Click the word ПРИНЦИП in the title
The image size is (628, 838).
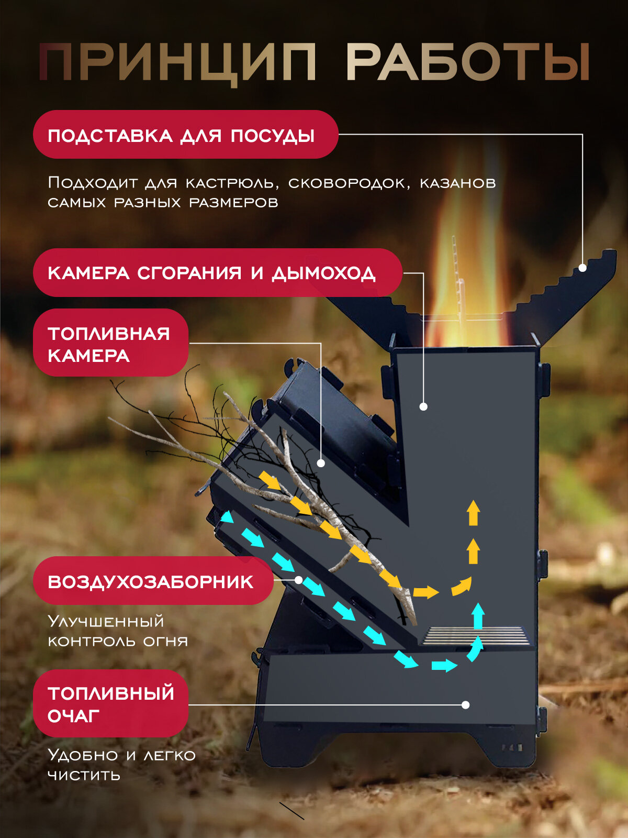tap(178, 63)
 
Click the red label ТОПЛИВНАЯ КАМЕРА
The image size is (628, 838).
tap(110, 343)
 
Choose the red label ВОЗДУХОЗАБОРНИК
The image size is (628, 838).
tap(152, 581)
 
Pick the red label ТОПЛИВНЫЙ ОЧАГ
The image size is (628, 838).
tap(110, 703)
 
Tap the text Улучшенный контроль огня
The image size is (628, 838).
tap(117, 631)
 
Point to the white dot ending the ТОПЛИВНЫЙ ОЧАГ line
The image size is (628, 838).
tap(465, 705)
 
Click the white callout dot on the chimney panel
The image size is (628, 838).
tap(423, 406)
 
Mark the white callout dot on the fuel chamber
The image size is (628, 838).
tap(321, 463)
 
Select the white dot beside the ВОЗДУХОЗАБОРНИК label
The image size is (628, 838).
tap(298, 580)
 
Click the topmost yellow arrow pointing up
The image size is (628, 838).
tap(474, 512)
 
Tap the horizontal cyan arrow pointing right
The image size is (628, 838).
tap(444, 666)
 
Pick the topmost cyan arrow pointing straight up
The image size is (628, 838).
tap(478, 615)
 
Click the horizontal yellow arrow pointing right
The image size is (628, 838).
tap(425, 592)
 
